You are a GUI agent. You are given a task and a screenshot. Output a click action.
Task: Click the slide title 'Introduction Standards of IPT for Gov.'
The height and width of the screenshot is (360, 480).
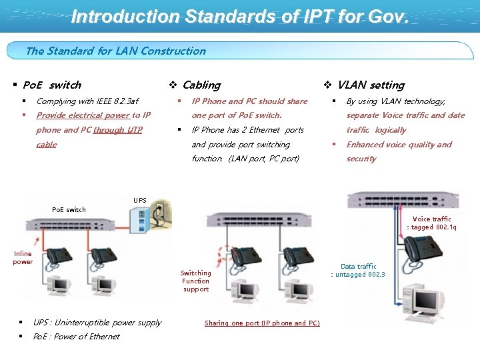[x=239, y=16]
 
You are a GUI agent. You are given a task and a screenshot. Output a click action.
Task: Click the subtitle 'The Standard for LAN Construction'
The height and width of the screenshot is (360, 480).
[x=115, y=51]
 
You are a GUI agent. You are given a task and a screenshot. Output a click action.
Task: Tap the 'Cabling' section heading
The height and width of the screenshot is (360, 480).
[x=201, y=85]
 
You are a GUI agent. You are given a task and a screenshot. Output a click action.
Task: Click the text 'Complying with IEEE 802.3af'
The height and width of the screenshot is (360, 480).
[x=87, y=101]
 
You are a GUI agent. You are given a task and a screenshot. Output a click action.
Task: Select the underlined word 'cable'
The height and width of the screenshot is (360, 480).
[x=46, y=144]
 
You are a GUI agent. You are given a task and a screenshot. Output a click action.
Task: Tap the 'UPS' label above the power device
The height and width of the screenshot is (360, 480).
[x=140, y=200]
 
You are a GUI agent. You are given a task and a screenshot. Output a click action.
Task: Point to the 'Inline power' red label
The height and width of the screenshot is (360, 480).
[x=23, y=257]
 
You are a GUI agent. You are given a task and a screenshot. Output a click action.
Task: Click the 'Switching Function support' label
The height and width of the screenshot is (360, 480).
[x=195, y=281]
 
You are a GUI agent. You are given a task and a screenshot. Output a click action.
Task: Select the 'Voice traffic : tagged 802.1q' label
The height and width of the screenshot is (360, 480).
[x=431, y=223]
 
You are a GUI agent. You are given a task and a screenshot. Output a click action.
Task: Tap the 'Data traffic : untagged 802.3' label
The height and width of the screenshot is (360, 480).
[x=358, y=270]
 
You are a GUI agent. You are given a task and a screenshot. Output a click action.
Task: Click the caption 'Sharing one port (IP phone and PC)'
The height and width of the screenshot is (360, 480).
[x=262, y=323]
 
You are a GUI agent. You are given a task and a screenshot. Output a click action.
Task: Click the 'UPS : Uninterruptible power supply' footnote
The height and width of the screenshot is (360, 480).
[x=97, y=323]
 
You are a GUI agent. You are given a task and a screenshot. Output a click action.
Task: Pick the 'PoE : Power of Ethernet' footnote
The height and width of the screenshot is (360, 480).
[x=76, y=337]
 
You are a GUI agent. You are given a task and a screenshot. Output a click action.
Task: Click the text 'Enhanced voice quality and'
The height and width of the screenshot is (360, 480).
[x=399, y=145]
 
